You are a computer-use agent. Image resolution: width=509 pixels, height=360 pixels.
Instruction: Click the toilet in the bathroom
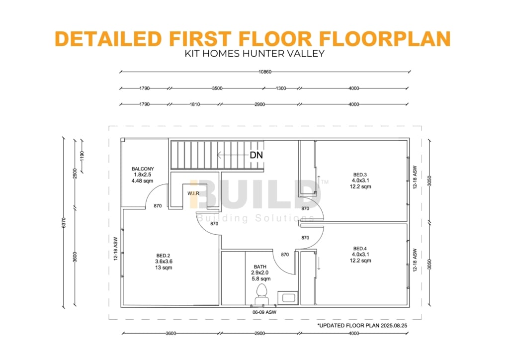tap(261, 294)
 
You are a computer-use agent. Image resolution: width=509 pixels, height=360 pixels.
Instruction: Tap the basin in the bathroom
tap(288, 298)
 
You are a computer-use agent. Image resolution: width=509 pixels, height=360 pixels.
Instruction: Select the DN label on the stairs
tap(256, 155)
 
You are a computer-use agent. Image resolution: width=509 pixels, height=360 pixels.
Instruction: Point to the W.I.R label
tap(193, 193)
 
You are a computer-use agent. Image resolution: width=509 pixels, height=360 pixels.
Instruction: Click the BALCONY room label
tap(143, 169)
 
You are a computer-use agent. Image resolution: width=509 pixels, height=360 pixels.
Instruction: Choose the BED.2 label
tap(163, 256)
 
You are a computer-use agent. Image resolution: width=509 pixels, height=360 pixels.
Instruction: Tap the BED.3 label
tap(360, 175)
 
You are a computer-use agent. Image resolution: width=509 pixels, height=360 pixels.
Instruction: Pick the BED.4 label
tap(360, 249)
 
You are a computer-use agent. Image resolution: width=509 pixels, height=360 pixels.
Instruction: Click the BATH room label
tap(260, 267)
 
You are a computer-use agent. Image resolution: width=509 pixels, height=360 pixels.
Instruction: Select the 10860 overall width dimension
tap(265, 72)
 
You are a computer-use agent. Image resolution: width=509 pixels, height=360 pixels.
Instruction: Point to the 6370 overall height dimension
tap(64, 223)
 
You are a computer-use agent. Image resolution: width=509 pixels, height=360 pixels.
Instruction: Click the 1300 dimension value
tap(281, 89)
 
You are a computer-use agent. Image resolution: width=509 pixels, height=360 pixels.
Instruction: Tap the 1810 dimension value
tap(194, 104)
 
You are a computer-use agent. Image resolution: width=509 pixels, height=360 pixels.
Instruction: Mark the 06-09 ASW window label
tap(264, 312)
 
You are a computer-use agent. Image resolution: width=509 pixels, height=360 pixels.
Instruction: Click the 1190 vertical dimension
tap(82, 156)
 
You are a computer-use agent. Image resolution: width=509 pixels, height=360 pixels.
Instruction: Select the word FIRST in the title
tap(200, 38)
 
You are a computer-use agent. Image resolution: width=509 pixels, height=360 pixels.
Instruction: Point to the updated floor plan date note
tap(362, 325)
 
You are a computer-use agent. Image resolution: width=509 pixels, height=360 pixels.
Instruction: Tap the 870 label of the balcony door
tap(158, 206)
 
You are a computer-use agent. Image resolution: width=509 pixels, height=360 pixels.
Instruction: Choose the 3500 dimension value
tap(217, 89)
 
